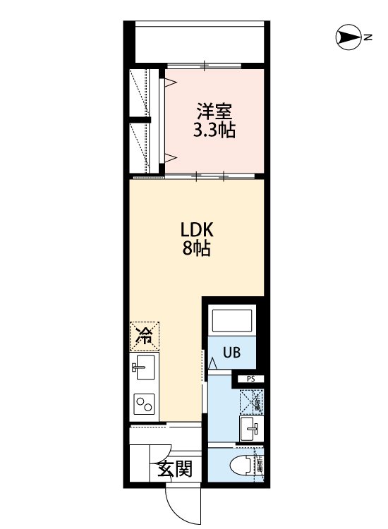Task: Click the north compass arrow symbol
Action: tap(348, 37)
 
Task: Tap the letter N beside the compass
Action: tap(368, 37)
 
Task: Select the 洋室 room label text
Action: tap(214, 112)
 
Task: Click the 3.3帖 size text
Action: tap(214, 130)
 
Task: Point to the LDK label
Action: tap(197, 231)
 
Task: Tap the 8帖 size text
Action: tap(197, 249)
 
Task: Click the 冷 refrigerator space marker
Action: tap(145, 336)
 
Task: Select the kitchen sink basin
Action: tap(145, 367)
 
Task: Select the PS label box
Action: tap(250, 379)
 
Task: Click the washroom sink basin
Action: tap(250, 427)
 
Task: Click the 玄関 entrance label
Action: tap(174, 468)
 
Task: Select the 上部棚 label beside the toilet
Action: tap(259, 464)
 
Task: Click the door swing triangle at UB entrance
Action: tap(213, 364)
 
